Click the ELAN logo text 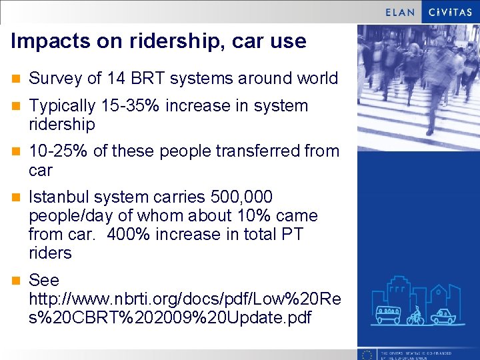pos(400,12)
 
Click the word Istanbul pos(59,197)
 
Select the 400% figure pos(127,235)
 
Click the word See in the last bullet pos(44,280)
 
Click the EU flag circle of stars pos(366,354)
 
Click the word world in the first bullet pos(317,79)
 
